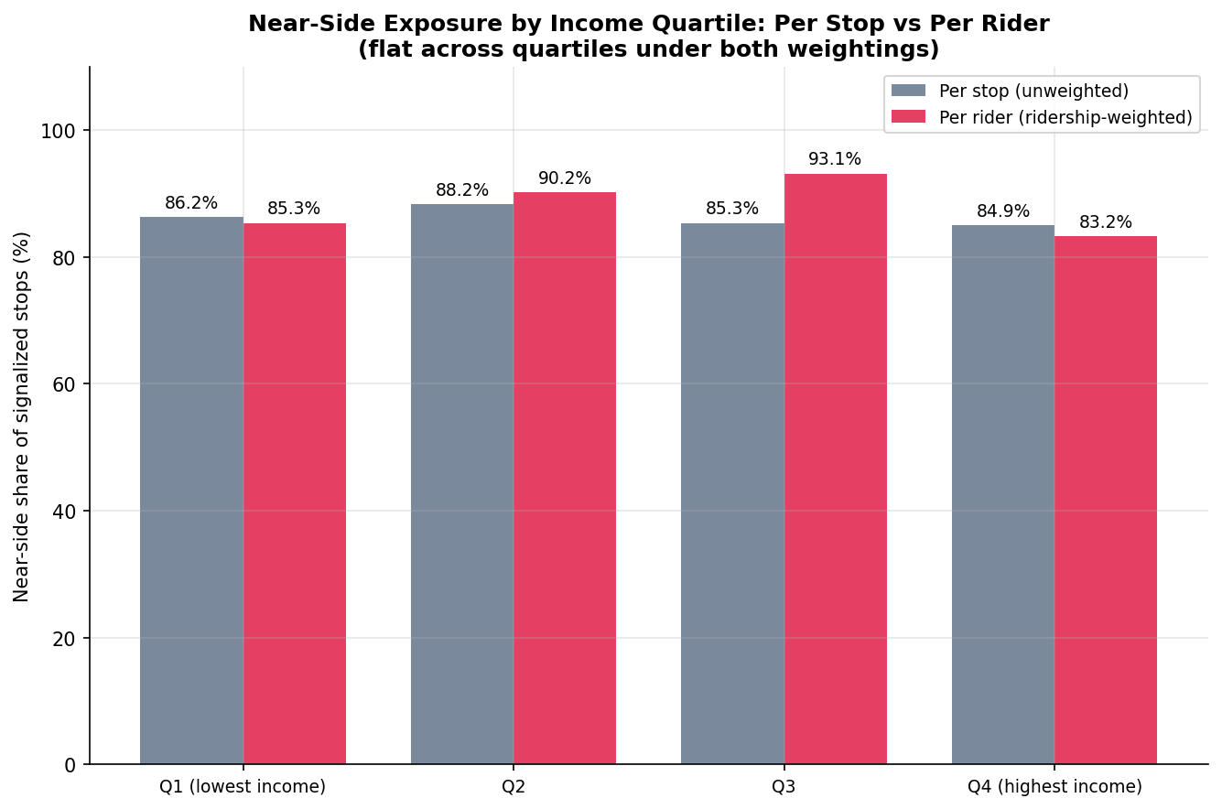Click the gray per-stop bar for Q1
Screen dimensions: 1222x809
(x=191, y=491)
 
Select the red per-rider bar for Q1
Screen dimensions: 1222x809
(x=295, y=493)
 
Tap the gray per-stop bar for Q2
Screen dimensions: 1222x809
(x=462, y=484)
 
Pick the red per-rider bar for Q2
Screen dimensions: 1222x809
(x=565, y=478)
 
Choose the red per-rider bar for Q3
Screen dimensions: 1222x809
(x=835, y=469)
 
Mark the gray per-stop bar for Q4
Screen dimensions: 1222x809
(x=1003, y=495)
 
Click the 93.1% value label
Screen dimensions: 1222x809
(x=835, y=158)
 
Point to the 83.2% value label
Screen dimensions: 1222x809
(x=1106, y=222)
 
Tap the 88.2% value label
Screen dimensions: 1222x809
(x=462, y=189)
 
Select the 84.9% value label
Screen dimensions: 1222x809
(x=1003, y=210)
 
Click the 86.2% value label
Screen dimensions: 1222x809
(x=191, y=203)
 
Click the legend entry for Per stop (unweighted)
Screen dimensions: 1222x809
(x=1010, y=91)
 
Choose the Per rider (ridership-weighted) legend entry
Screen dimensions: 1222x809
(x=1042, y=117)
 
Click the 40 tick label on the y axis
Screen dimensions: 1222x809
(x=64, y=512)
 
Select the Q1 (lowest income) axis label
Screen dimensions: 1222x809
(x=243, y=786)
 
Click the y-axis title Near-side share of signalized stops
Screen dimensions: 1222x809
(x=21, y=417)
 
